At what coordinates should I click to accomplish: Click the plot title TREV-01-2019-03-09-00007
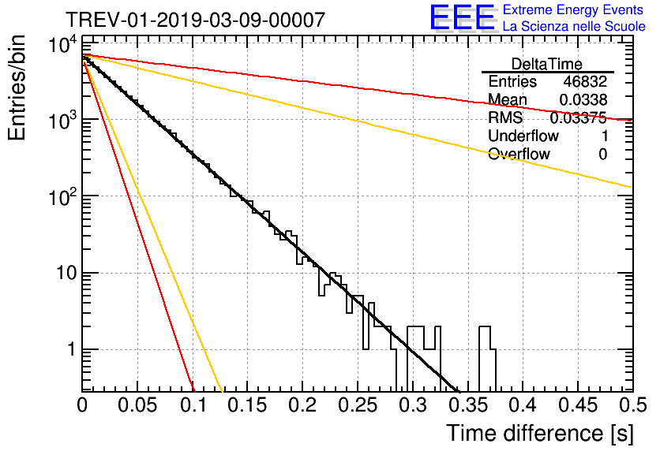[x=194, y=20]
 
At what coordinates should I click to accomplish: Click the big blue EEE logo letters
[x=462, y=18]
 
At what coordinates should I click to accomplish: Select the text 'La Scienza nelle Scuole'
[x=574, y=27]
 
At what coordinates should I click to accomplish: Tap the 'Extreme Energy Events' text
[x=574, y=10]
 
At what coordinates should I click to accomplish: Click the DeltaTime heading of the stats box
[x=547, y=64]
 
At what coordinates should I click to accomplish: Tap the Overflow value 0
[x=602, y=155]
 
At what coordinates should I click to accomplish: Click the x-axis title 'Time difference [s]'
[x=538, y=433]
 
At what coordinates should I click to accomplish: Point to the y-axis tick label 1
[x=69, y=350]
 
